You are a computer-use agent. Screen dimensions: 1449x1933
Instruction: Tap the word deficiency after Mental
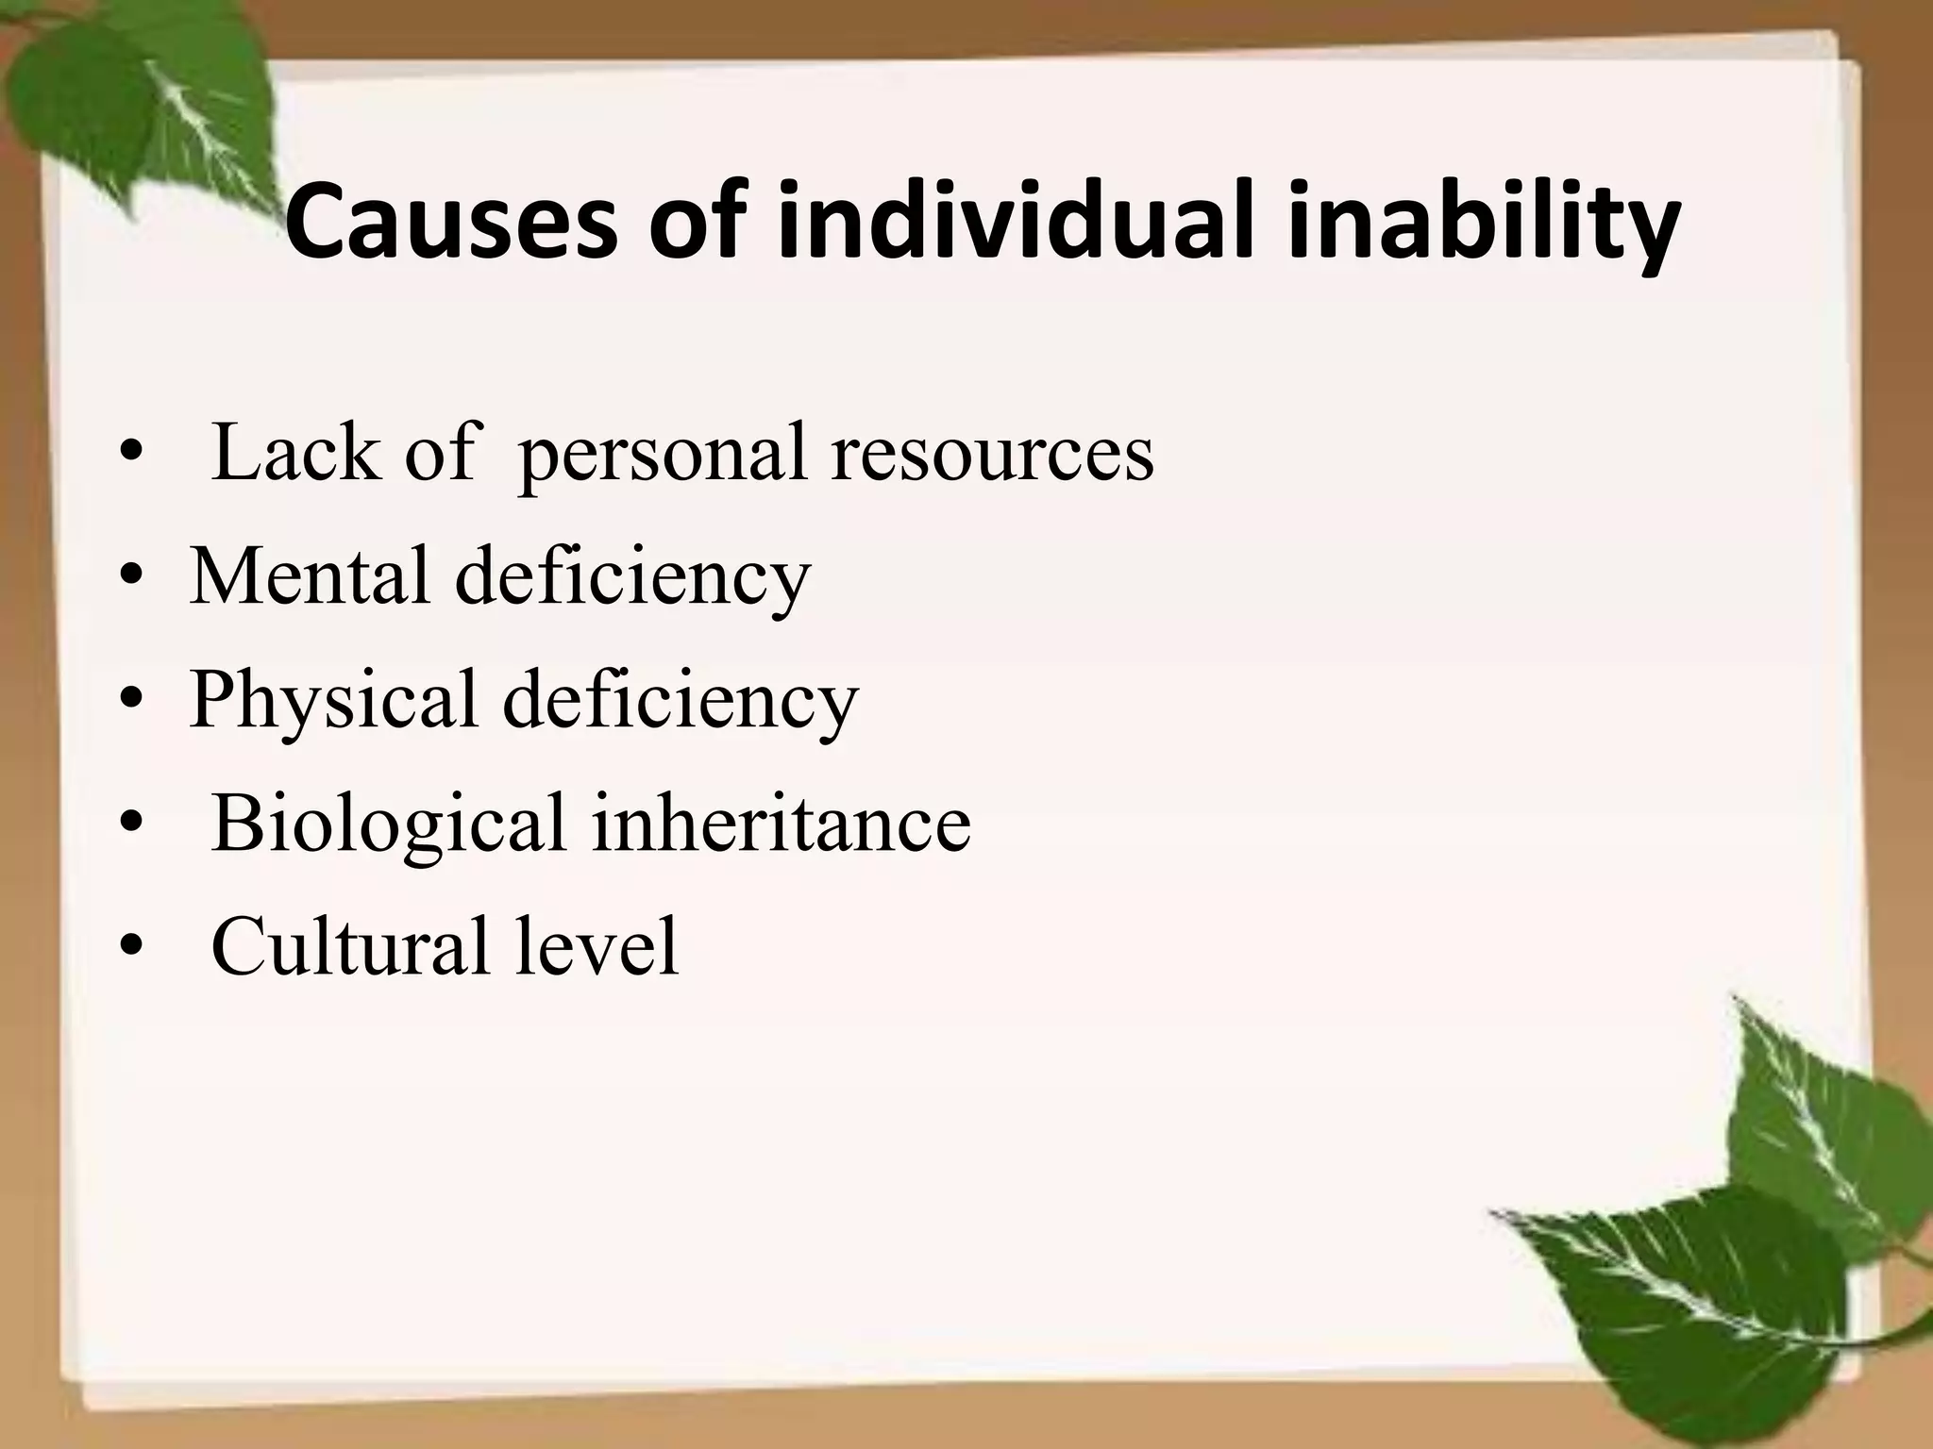pyautogui.click(x=632, y=577)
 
